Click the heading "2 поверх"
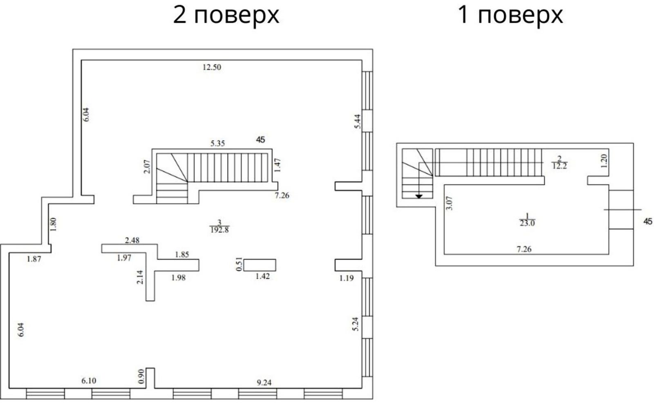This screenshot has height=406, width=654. pos(226,15)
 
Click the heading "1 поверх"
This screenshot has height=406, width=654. pos(510,15)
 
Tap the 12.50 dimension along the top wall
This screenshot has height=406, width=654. pos(212,67)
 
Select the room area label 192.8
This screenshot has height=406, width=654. pos(219,230)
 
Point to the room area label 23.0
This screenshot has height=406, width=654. pos(527,224)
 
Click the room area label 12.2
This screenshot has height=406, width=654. pos(560,166)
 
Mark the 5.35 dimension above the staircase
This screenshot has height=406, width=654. pos(218,144)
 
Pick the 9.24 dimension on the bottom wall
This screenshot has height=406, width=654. pos(264,383)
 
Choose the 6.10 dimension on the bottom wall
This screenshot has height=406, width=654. pos(89,381)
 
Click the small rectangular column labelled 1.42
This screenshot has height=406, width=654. pos(260,265)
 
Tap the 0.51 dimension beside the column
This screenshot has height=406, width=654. pos(239,265)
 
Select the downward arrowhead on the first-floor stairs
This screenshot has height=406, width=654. pos(419,197)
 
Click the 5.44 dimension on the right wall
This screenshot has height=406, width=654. pos(358,121)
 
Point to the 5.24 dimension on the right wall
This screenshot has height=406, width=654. pos(356,324)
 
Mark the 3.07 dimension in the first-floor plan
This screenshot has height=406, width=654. pos(450,203)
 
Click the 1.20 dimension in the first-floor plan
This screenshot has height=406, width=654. pos(604,161)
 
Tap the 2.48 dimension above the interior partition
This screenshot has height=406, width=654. pos(132,241)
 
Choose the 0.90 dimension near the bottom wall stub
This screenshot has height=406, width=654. pos(141,377)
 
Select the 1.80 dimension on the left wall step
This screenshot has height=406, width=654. pos(53,224)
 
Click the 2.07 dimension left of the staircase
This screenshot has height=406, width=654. pos(147,166)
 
